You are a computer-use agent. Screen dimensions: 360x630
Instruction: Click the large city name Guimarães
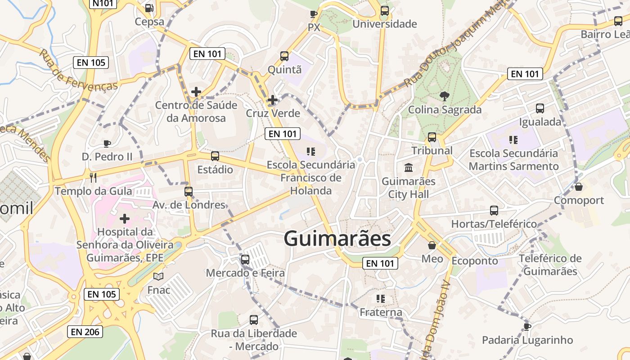coord(337,238)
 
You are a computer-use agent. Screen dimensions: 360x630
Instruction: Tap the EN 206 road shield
coord(85,332)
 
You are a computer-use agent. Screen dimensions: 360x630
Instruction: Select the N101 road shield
coord(103,4)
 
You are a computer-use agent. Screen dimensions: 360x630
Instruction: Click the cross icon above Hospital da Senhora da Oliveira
coord(125,219)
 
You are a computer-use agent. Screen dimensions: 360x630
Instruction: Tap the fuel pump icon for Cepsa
coord(149,8)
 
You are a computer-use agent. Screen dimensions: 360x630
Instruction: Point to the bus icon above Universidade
coord(384,10)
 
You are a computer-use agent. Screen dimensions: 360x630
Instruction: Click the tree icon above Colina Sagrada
coord(445,96)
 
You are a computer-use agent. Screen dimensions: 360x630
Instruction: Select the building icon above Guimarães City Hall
coord(409,168)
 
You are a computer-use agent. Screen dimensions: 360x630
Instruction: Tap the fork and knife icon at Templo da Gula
coord(93,177)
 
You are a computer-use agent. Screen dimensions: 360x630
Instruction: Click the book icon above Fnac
coord(158,276)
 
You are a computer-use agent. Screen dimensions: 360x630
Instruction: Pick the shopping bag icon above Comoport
coord(579,186)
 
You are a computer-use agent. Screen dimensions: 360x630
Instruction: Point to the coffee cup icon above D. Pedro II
coord(107,144)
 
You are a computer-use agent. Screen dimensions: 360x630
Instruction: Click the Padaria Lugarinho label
coord(527,340)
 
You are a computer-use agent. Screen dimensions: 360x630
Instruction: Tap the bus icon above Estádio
coord(215,156)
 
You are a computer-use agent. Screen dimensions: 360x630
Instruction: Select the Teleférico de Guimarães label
coord(550,265)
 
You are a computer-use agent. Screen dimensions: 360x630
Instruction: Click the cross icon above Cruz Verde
coord(272,100)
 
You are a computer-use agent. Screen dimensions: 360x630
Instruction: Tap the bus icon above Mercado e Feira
coord(245,259)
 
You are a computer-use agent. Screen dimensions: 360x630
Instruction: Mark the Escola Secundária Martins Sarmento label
coord(513,160)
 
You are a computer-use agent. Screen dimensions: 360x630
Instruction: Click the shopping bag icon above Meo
coord(432,245)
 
